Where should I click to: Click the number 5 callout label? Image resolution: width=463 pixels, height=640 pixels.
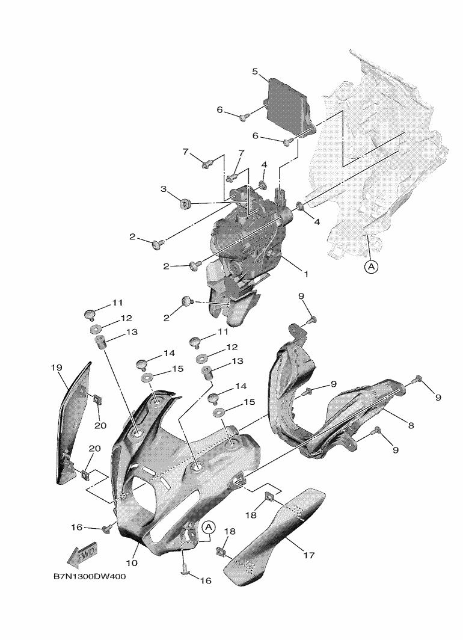coord(255,72)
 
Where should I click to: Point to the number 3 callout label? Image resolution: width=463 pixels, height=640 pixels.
coord(163,189)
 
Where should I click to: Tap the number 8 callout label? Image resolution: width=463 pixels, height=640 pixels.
coord(411,425)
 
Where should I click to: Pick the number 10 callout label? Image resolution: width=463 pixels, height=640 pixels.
coord(132,563)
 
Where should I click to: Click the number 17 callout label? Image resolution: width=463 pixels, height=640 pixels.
coord(308,555)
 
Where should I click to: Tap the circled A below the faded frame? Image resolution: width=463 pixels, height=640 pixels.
coord(371,266)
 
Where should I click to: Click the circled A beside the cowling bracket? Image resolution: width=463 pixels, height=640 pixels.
coord(208,528)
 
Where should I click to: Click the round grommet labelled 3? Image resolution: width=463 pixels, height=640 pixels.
coord(185,204)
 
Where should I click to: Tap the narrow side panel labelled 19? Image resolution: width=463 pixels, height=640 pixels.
coord(72,421)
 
